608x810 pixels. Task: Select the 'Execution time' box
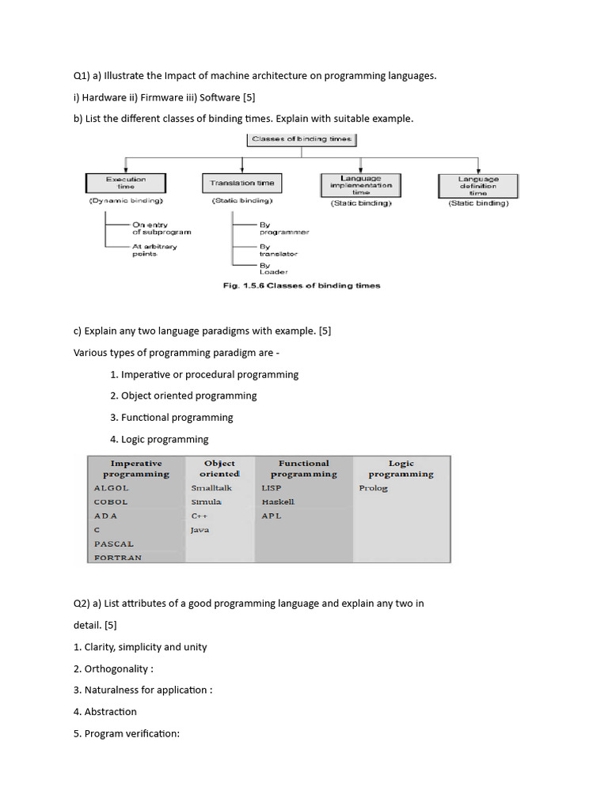click(x=126, y=184)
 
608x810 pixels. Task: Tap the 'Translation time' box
click(x=242, y=184)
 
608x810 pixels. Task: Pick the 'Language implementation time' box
click(x=361, y=185)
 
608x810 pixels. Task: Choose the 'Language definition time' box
click(x=478, y=185)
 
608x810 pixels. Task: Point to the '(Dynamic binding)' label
click(x=126, y=202)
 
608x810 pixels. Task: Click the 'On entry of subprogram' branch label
click(x=161, y=228)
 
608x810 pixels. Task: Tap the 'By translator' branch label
click(x=278, y=250)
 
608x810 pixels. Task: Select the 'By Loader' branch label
click(x=273, y=269)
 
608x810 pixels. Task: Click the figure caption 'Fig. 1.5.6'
click(x=248, y=286)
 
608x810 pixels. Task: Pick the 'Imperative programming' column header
click(x=135, y=468)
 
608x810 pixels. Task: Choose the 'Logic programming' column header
click(x=401, y=468)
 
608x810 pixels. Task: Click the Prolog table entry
click(x=373, y=488)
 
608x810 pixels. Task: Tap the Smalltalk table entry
click(x=211, y=488)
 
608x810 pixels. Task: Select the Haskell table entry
click(x=278, y=502)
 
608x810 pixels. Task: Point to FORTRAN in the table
click(x=118, y=558)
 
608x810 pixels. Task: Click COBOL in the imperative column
click(x=111, y=502)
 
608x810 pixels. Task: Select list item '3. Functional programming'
click(x=172, y=417)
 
